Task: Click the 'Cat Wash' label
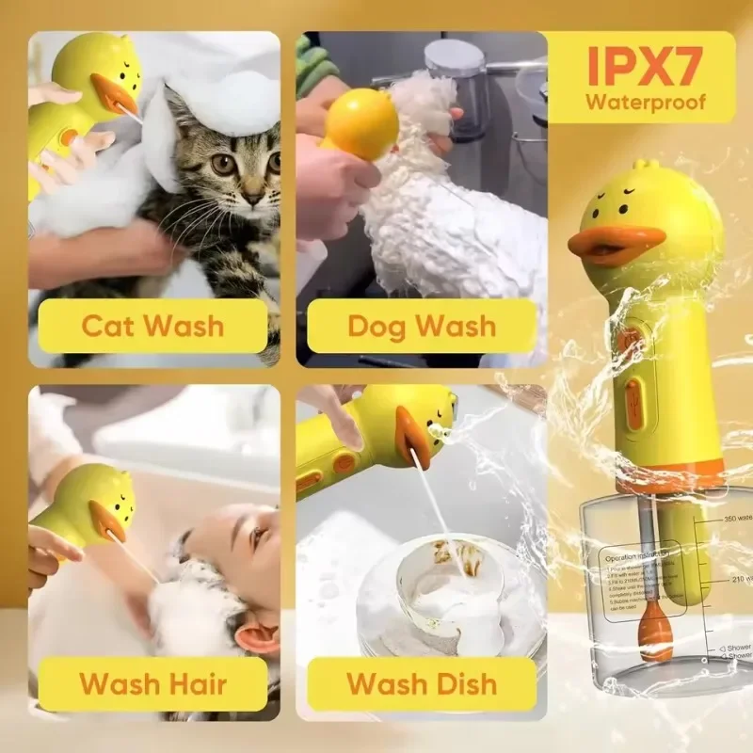[x=152, y=326]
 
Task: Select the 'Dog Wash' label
[x=421, y=326]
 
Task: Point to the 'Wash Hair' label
[x=152, y=682]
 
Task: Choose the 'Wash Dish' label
[x=421, y=682]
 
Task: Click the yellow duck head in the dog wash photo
[x=361, y=122]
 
